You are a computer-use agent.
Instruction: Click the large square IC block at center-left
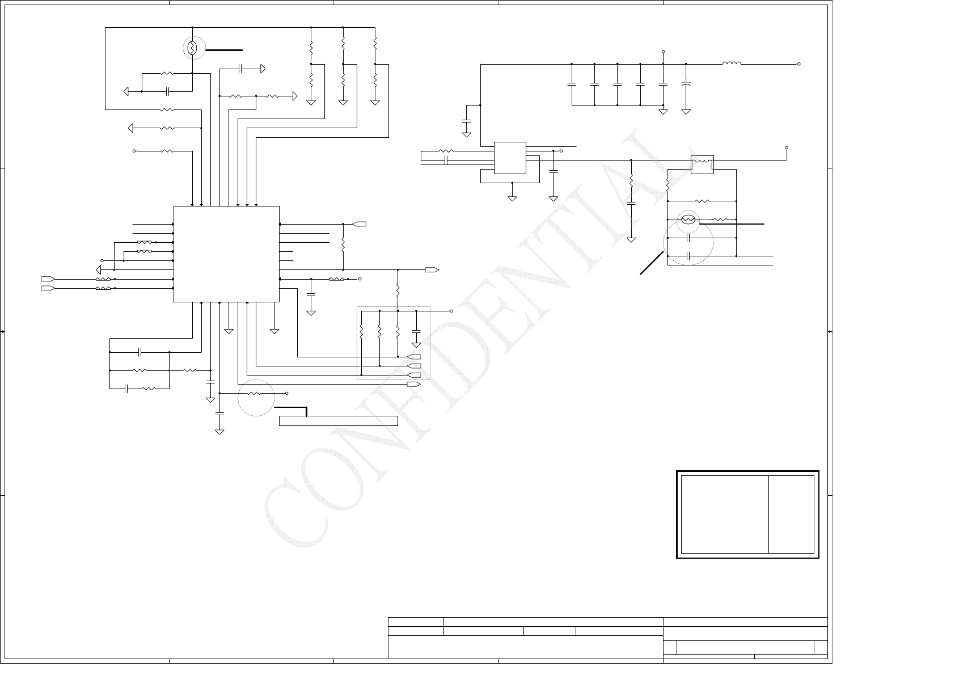tap(226, 254)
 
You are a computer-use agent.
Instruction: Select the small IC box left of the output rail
tap(510, 158)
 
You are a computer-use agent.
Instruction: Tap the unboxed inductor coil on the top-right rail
tap(732, 64)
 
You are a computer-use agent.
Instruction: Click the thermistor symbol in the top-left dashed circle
tap(192, 49)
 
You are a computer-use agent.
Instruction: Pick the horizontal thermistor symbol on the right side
tap(688, 220)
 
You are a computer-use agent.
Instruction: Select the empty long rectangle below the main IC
tap(339, 420)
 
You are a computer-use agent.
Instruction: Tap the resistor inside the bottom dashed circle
tap(255, 393)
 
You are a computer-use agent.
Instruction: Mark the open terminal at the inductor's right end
tap(799, 64)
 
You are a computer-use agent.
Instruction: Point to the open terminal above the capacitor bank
tap(663, 52)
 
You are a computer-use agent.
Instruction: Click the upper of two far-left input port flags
tap(48, 279)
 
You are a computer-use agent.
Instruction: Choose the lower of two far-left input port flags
tap(48, 288)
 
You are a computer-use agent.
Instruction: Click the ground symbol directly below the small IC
tap(512, 198)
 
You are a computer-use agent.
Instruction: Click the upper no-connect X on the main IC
tap(293, 251)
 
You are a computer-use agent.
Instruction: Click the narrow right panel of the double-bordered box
tap(792, 514)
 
